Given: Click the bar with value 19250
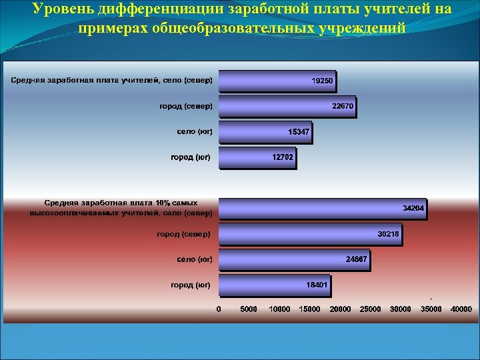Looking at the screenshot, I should click(277, 81).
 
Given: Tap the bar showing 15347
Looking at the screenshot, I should click(265, 132).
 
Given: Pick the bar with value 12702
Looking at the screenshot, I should click(257, 157).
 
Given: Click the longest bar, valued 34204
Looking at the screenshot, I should click(323, 209).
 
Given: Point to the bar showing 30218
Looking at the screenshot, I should click(310, 235).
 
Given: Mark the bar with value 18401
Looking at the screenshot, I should click(274, 285).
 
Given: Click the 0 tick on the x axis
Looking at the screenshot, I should click(219, 309).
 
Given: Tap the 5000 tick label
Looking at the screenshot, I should click(249, 309).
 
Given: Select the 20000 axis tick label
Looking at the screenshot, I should click(340, 309).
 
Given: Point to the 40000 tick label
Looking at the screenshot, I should click(461, 309).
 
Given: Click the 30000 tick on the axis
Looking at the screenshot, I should click(401, 309).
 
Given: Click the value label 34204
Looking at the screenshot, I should click(413, 209).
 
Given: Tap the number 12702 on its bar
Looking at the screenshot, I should click(283, 157).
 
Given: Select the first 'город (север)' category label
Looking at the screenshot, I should click(186, 106).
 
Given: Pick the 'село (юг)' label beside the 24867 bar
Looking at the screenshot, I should click(195, 259).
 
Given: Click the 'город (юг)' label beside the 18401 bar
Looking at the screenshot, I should click(191, 285).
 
